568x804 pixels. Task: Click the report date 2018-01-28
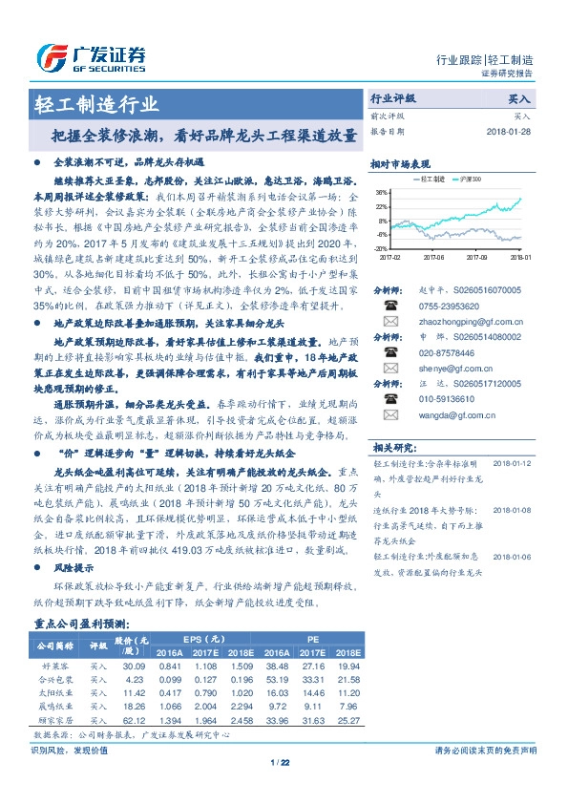tap(509, 132)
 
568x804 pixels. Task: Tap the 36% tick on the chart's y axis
tap(382, 192)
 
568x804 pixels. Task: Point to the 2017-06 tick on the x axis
tap(434, 257)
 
